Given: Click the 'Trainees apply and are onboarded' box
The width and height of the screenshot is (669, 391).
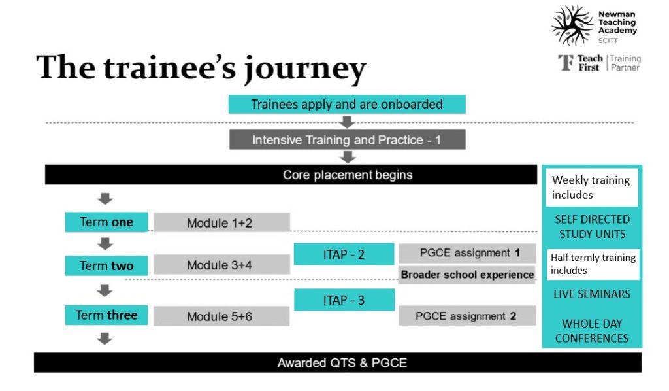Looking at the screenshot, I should [347, 104].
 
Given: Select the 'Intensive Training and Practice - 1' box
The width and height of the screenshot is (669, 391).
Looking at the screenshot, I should [347, 140].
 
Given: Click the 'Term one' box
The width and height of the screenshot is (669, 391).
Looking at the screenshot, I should [106, 222].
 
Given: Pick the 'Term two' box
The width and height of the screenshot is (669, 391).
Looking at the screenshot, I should [106, 265].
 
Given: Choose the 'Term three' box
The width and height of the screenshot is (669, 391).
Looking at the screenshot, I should [106, 315].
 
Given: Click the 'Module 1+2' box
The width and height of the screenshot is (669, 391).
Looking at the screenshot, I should [221, 222].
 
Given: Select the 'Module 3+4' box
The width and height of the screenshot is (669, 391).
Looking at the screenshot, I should [221, 265].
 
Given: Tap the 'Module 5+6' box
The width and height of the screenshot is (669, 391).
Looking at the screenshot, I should [221, 316].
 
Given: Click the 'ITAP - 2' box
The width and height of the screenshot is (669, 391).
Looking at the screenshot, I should [344, 254].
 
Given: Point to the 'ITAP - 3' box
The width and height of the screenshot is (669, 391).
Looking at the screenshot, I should [344, 300].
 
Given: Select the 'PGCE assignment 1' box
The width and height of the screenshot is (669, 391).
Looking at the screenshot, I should [467, 252].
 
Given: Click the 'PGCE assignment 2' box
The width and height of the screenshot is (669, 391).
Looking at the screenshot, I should [467, 316].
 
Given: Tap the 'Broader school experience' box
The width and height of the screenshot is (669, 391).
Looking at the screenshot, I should [467, 275].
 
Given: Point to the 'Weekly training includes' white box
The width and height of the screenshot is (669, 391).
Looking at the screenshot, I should [591, 188].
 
